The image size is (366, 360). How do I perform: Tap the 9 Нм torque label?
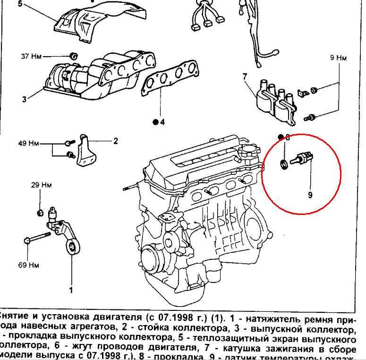pos(339,58)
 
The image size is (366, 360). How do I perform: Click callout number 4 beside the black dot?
pos(162,122)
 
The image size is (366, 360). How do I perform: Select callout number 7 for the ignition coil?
pos(245,76)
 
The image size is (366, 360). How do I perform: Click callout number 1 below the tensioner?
pos(71,289)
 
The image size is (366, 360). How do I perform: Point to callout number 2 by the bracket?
pos(115,141)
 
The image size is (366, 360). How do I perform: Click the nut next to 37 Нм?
pos(74,56)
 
